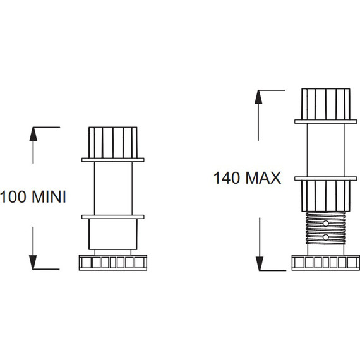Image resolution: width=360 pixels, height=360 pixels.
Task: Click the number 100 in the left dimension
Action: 13,197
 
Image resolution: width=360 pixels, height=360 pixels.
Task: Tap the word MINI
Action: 49,197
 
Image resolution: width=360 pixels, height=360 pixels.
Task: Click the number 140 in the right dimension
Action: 227,178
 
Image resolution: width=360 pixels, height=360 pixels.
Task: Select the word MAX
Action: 263,178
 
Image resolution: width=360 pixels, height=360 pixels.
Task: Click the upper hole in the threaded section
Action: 325,224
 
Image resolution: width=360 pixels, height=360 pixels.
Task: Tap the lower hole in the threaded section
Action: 325,237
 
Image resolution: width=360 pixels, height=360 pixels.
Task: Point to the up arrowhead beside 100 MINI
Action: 33,134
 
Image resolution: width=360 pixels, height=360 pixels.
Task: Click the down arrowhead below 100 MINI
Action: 33,262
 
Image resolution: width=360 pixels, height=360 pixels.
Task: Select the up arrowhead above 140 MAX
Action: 258,97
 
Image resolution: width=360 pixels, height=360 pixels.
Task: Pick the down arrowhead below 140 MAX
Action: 260,263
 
